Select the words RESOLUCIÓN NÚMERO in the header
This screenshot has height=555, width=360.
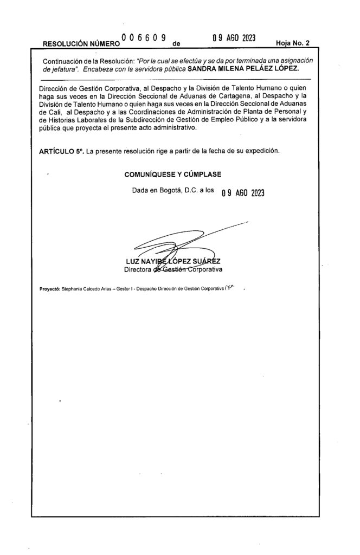tap(81, 43)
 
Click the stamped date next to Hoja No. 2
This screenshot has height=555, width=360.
tap(234, 38)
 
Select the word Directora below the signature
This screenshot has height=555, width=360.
tap(139, 269)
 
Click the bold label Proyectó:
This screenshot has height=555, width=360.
tap(52, 290)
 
